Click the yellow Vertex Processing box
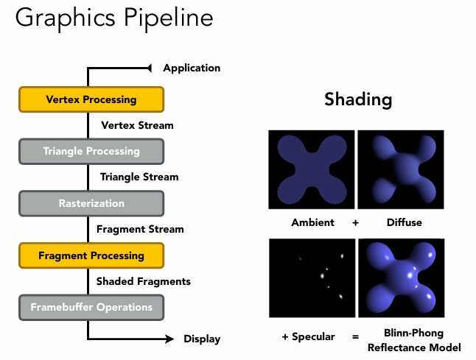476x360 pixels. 91,99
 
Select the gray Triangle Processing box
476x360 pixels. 91,152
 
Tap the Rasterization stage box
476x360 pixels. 91,203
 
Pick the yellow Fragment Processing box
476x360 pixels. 91,255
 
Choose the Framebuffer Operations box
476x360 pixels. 91,307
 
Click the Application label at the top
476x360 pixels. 192,68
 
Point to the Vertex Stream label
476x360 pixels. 137,125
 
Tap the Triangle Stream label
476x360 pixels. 139,177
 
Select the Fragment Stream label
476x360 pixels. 141,229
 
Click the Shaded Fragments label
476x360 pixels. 144,281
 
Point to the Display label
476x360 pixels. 202,339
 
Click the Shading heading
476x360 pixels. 358,99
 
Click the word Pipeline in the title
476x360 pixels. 155,18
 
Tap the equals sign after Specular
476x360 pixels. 355,336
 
